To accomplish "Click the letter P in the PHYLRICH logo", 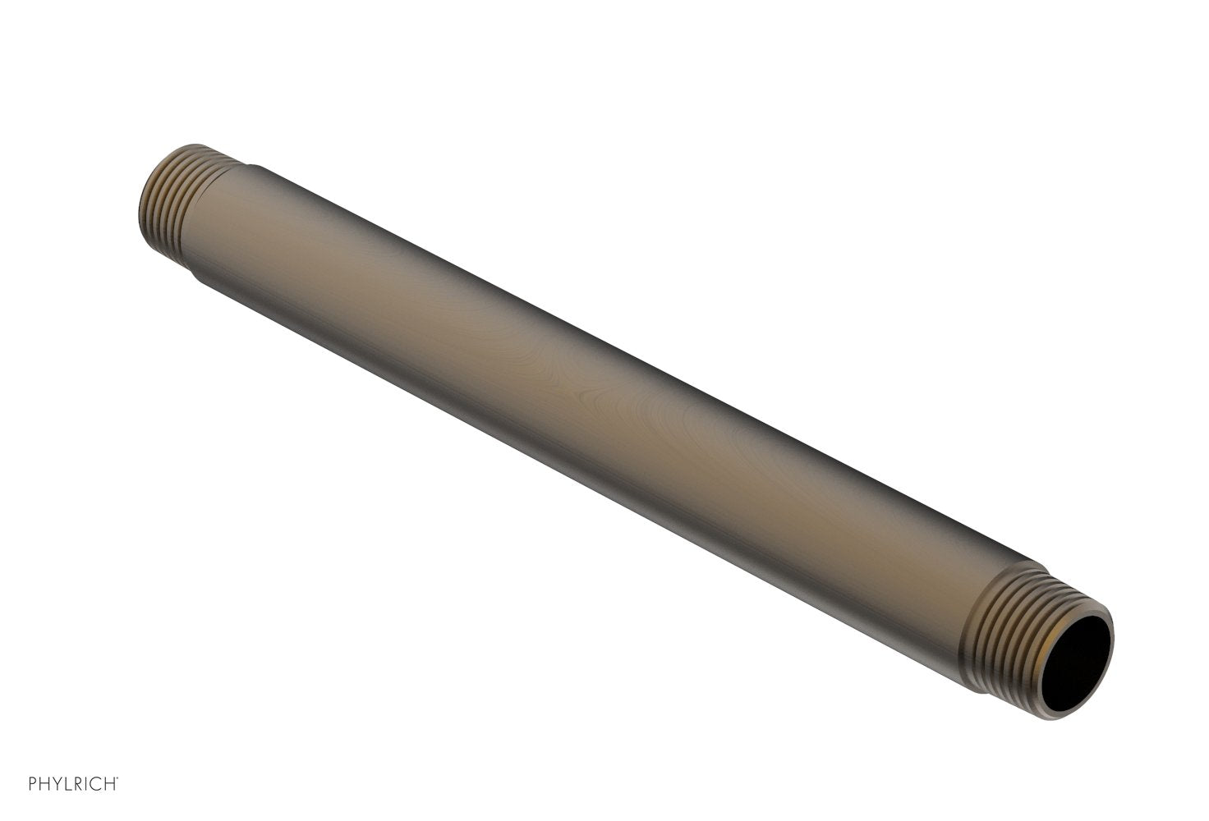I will click(x=33, y=784).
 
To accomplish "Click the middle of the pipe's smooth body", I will click(x=608, y=410).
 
